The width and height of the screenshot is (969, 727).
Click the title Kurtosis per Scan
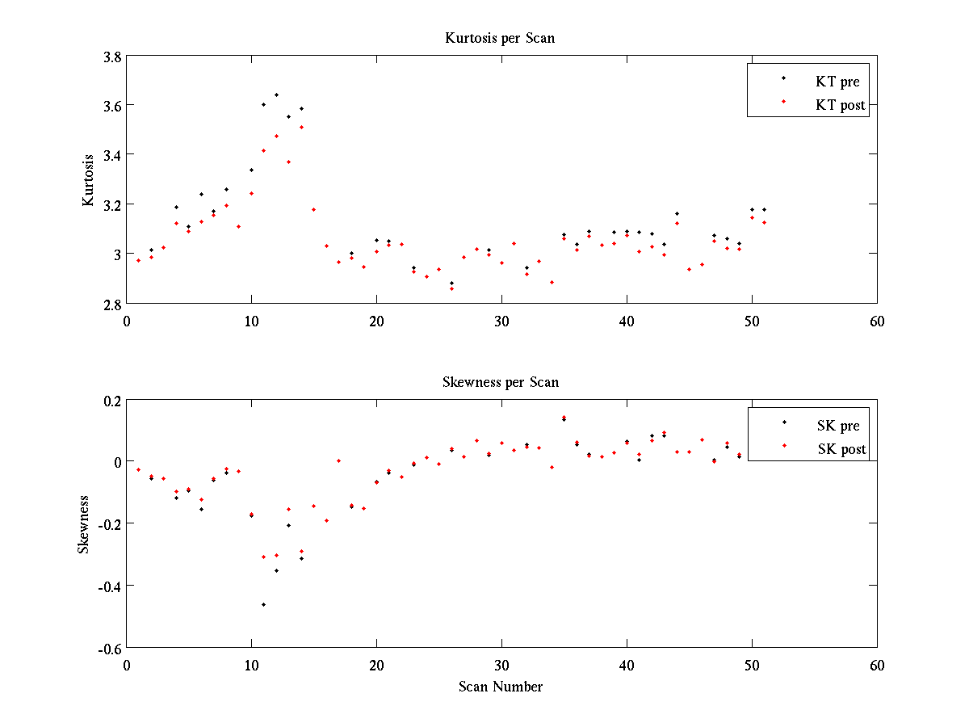[500, 38]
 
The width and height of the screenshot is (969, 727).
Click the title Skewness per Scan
[500, 382]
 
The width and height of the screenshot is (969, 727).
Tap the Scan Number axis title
[501, 687]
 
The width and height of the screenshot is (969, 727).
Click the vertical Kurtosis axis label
[89, 180]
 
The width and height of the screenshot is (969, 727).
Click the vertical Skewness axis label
[83, 524]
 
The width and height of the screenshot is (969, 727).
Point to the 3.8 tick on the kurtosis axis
[112, 57]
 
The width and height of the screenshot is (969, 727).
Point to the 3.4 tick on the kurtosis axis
[112, 155]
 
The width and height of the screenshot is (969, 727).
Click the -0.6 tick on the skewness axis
[110, 648]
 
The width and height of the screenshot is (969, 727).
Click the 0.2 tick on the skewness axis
[112, 400]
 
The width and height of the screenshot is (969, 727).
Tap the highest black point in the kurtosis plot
[276, 95]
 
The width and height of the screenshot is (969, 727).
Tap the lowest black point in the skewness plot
[263, 604]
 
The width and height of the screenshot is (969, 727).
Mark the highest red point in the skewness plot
[564, 417]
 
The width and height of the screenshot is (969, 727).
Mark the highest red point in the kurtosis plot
[301, 127]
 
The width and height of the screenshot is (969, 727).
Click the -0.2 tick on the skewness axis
[110, 523]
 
